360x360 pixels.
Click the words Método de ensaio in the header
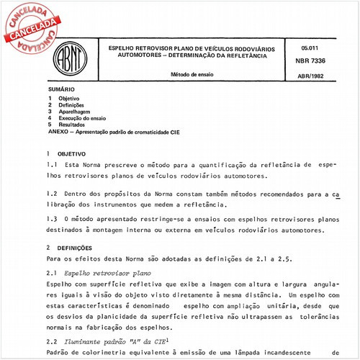click(189, 73)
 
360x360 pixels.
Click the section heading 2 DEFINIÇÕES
click(70, 247)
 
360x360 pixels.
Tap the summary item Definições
click(72, 105)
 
